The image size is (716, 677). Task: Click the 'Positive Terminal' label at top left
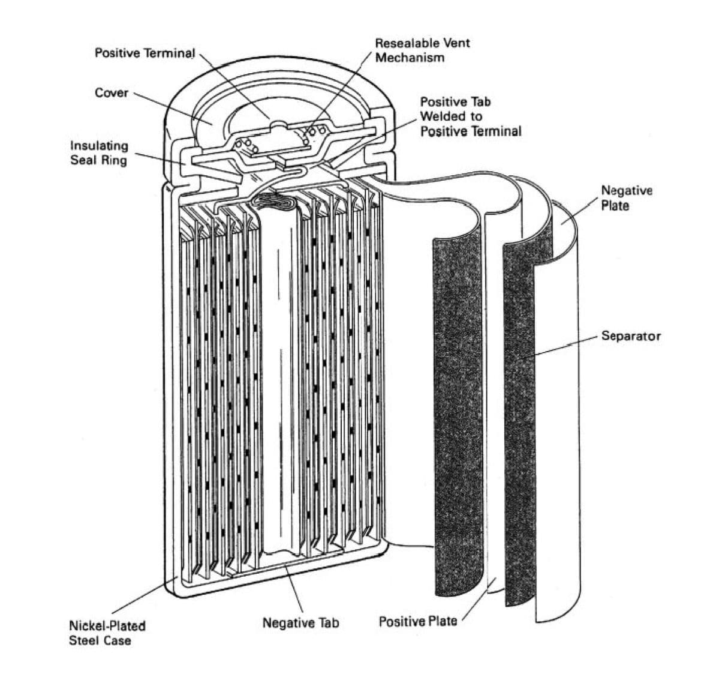145,53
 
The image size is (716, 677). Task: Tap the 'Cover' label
112,92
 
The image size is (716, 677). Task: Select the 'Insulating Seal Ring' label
99,152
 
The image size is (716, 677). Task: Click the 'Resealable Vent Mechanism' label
422,50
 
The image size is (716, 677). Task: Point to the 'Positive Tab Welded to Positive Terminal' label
470,116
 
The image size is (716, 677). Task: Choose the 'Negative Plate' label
626,197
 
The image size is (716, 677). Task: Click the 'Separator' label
631,336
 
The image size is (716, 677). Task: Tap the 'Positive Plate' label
417,621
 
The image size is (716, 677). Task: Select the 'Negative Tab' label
300,623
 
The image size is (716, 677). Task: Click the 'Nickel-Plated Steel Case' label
107,633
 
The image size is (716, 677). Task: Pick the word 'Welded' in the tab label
443,116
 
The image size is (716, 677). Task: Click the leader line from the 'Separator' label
564,346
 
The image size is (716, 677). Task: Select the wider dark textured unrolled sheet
457,414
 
